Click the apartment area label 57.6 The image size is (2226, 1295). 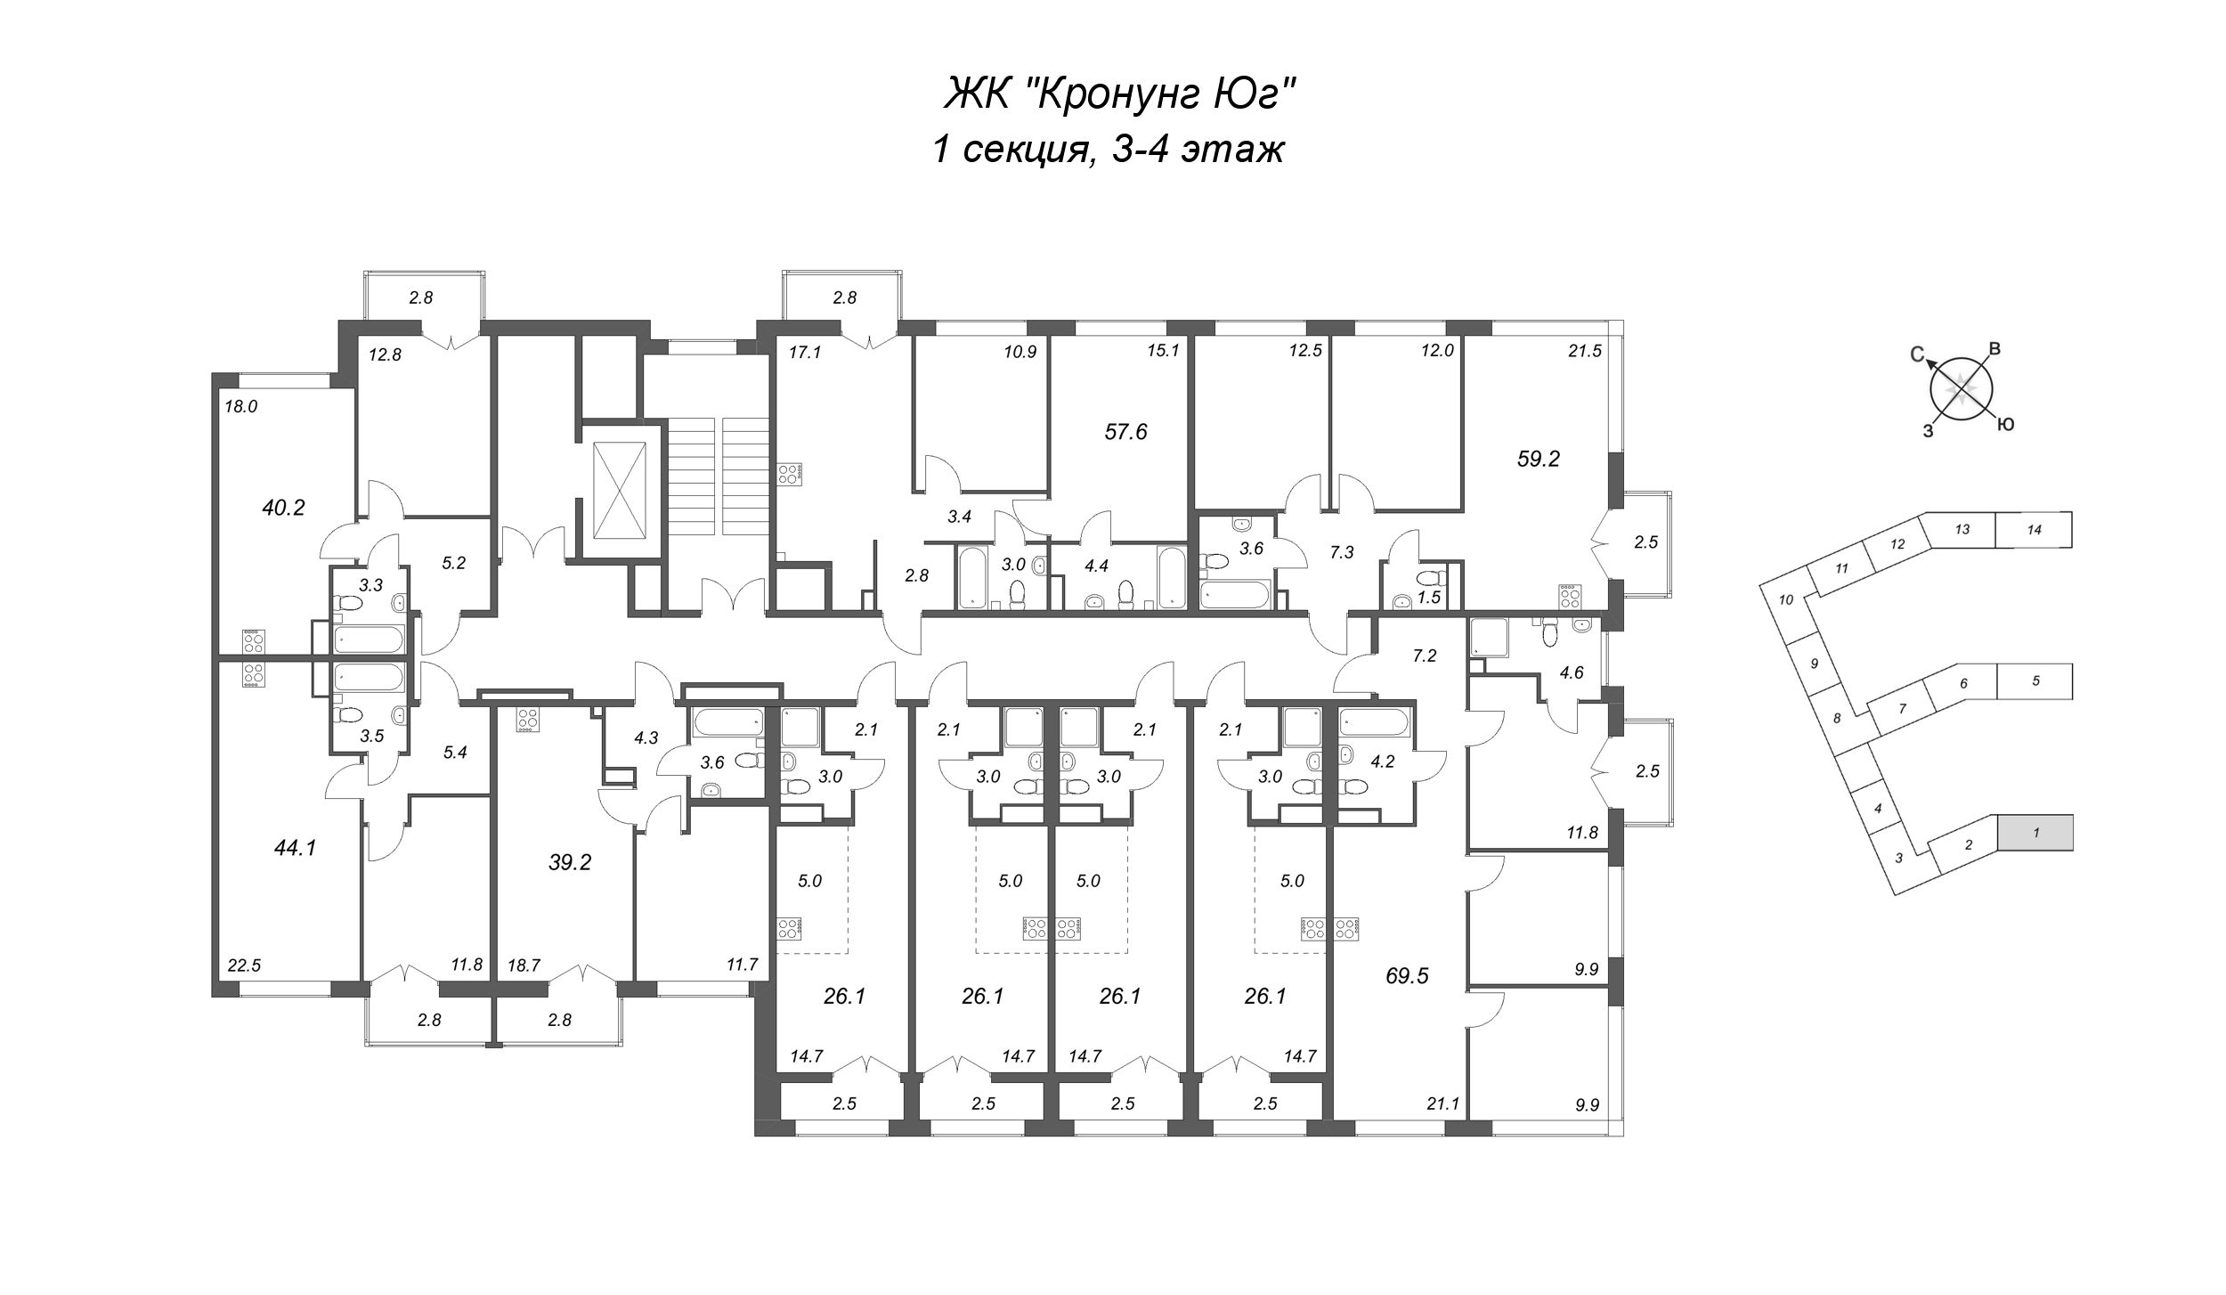[1126, 432]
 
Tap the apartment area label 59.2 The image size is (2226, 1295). [1539, 459]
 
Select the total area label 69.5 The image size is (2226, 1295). [1407, 975]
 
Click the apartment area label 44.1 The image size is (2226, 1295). [295, 848]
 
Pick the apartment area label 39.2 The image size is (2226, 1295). [570, 861]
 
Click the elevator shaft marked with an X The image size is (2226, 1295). [621, 490]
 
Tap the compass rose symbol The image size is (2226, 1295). [1962, 389]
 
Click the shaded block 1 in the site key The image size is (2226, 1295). [2035, 832]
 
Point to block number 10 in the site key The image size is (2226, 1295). [1785, 599]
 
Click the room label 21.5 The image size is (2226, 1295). [1585, 351]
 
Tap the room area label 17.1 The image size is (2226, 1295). [804, 352]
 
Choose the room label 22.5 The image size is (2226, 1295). [244, 965]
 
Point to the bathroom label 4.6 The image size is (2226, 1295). [1572, 672]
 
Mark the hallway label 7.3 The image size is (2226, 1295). [1342, 552]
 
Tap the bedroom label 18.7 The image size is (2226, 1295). [524, 965]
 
